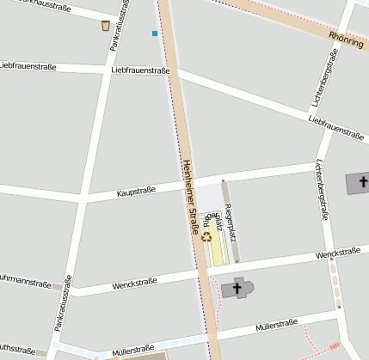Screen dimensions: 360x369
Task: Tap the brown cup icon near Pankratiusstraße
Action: coord(105,25)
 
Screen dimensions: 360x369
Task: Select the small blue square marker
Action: coord(155,34)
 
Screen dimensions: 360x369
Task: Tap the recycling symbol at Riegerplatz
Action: coord(206,236)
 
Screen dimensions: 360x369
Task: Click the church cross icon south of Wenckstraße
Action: coord(237,288)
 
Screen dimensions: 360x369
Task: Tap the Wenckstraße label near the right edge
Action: coord(337,253)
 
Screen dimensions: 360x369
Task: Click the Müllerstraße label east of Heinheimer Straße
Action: coord(276,327)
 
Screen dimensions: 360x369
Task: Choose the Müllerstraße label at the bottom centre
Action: coord(132,350)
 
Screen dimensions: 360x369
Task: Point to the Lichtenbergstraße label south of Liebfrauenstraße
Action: coord(323,191)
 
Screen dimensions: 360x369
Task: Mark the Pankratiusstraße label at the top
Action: coord(121,34)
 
